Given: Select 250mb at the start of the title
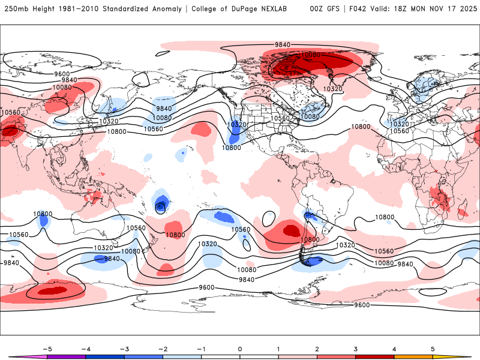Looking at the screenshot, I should pyautogui.click(x=16, y=9).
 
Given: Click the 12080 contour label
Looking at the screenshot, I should pyautogui.click(x=310, y=55).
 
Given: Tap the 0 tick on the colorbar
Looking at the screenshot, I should pyautogui.click(x=240, y=349).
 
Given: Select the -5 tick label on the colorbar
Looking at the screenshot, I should pyautogui.click(x=47, y=349).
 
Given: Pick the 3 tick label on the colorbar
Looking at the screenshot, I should pyautogui.click(x=356, y=349).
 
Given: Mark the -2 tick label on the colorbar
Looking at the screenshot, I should pyautogui.click(x=163, y=349).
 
